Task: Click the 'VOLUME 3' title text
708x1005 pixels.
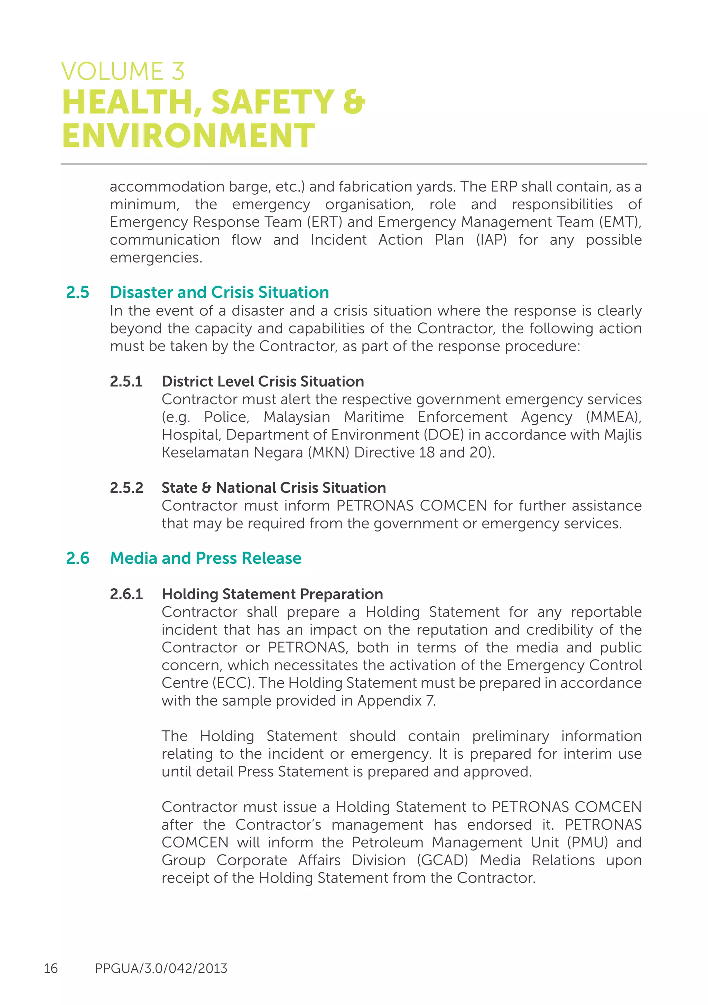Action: pos(122,72)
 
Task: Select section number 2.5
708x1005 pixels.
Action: pos(77,292)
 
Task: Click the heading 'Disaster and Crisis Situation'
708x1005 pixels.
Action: pos(219,292)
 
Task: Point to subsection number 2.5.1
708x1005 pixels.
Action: pos(126,381)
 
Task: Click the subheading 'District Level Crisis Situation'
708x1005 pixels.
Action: pos(262,381)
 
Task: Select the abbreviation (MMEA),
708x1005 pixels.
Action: pos(614,417)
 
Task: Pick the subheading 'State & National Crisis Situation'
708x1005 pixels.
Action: pos(273,488)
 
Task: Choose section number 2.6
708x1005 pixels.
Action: pos(77,558)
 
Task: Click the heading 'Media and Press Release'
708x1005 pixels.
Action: pos(206,558)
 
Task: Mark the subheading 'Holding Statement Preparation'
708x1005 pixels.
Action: pos(272,594)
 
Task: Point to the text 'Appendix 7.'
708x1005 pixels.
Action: pos(397,701)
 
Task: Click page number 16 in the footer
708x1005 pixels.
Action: pos(51,969)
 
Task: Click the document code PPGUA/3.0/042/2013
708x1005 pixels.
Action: pos(161,969)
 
